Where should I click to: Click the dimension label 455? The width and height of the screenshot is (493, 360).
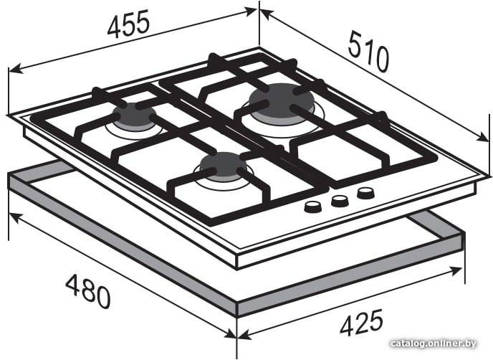pyautogui.click(x=128, y=24)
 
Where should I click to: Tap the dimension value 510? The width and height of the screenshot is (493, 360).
pyautogui.click(x=368, y=51)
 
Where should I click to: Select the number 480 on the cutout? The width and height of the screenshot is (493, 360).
pyautogui.click(x=87, y=291)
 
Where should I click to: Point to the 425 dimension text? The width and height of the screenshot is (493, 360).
pyautogui.click(x=361, y=322)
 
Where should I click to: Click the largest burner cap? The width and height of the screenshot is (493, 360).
pyautogui.click(x=281, y=100)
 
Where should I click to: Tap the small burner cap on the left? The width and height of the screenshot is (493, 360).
pyautogui.click(x=134, y=114)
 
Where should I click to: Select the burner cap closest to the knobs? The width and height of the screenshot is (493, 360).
pyautogui.click(x=224, y=164)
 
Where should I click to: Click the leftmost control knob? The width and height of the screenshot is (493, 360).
pyautogui.click(x=313, y=207)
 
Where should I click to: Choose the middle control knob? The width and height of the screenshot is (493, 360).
pyautogui.click(x=340, y=201)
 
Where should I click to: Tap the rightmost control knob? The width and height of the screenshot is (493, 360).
pyautogui.click(x=365, y=193)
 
